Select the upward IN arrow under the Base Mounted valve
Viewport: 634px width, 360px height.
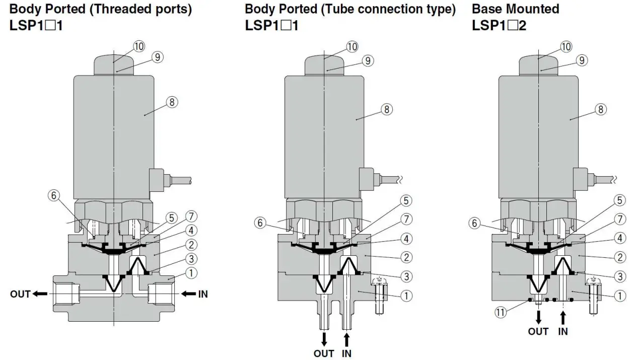click(563, 317)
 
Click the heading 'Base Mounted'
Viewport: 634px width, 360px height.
click(515, 9)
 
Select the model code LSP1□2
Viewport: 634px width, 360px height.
click(499, 25)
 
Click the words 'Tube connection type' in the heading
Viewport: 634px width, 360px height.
click(388, 9)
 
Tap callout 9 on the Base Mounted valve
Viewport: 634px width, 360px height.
click(582, 60)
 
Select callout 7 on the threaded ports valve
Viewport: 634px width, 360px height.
click(190, 217)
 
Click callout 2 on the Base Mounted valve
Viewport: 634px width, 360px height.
click(620, 256)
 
